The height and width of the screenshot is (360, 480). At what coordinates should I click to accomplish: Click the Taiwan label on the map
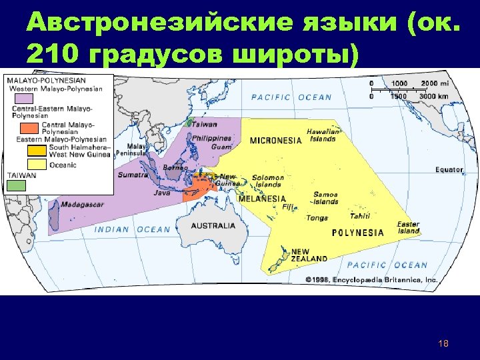point(206,125)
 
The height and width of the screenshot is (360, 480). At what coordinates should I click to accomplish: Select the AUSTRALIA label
point(213,226)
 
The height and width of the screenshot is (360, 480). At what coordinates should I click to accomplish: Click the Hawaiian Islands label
point(323,135)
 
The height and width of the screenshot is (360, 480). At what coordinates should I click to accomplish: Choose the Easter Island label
point(408,227)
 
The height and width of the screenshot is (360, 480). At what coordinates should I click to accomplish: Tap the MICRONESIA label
point(276,141)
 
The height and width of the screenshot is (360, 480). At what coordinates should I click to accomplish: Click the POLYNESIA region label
point(358,233)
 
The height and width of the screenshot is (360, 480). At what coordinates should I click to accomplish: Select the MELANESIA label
point(262,199)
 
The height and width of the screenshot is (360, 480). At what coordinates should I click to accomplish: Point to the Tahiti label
point(360,215)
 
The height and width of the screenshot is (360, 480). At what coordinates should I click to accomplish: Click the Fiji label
point(288,207)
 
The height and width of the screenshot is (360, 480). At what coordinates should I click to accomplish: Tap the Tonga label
point(317,218)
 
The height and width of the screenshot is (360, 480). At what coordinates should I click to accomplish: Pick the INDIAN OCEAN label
point(133,229)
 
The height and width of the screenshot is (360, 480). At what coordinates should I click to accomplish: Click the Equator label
point(449,169)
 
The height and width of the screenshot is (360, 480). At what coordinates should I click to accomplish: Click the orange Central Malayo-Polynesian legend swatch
point(29,127)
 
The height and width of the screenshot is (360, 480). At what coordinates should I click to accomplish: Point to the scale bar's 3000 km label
point(434,97)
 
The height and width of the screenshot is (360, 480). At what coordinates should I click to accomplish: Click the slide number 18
point(444,343)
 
